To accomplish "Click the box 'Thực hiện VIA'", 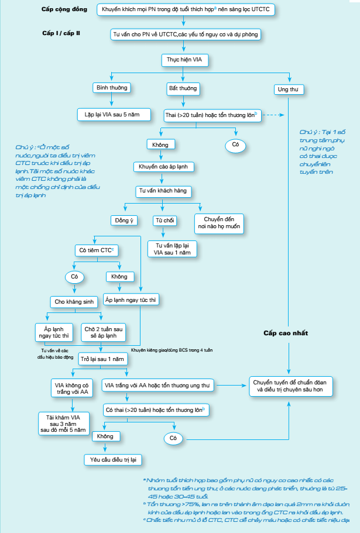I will (x=184, y=60).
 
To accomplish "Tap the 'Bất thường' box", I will (x=183, y=88).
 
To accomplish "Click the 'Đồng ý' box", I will (x=122, y=220).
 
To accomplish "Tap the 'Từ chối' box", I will (x=163, y=220).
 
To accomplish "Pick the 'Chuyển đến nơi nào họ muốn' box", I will (x=218, y=223).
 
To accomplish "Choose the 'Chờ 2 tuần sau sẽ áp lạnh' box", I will (x=105, y=332).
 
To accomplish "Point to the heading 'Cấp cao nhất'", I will (x=285, y=333).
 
